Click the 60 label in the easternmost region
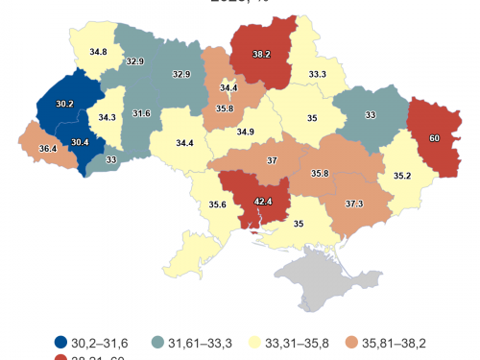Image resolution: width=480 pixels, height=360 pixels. click(434, 138)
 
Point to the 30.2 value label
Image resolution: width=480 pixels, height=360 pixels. click(64, 104)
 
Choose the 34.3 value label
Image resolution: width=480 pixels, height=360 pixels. click(108, 117)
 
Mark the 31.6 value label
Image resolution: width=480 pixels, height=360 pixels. click(141, 114)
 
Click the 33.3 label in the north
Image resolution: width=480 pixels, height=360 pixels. click(318, 74)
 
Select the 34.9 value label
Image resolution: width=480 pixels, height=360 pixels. click(246, 132)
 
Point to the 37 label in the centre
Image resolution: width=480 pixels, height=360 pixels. click(272, 159)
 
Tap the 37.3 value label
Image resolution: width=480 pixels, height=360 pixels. click(354, 203)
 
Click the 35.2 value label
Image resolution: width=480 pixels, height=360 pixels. click(401, 177)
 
